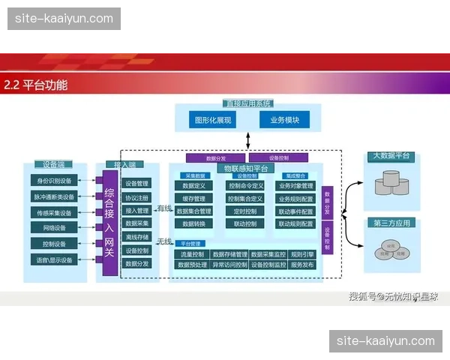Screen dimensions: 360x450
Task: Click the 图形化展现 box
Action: pyautogui.click(x=213, y=120)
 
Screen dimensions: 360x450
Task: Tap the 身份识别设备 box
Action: pyautogui.click(x=54, y=181)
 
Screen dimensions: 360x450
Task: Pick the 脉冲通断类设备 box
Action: pyautogui.click(x=54, y=196)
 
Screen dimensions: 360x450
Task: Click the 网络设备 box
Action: pyautogui.click(x=54, y=228)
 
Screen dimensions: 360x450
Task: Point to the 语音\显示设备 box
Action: pyautogui.click(x=54, y=260)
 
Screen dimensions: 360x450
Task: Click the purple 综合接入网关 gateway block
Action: pyautogui.click(x=109, y=222)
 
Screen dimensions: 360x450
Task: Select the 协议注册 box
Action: pyautogui.click(x=137, y=197)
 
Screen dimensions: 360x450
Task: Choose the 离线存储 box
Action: pyautogui.click(x=137, y=236)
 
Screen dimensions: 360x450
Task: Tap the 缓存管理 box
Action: pyautogui.click(x=193, y=199)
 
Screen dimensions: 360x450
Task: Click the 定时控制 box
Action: pyautogui.click(x=245, y=211)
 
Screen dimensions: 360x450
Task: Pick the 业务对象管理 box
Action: pyautogui.click(x=296, y=185)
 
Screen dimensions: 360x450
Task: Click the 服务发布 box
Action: pyautogui.click(x=302, y=265)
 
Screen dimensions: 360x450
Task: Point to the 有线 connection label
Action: pyautogui.click(x=164, y=208)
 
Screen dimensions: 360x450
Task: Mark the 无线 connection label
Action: pyautogui.click(x=164, y=241)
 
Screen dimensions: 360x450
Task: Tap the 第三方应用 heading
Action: pyautogui.click(x=391, y=223)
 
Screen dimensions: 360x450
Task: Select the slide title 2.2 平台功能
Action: pyautogui.click(x=36, y=85)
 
